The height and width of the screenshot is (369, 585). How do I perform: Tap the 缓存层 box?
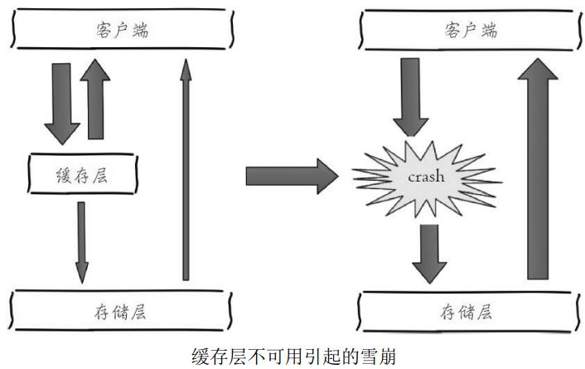81,174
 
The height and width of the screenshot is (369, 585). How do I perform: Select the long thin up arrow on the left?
185,174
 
